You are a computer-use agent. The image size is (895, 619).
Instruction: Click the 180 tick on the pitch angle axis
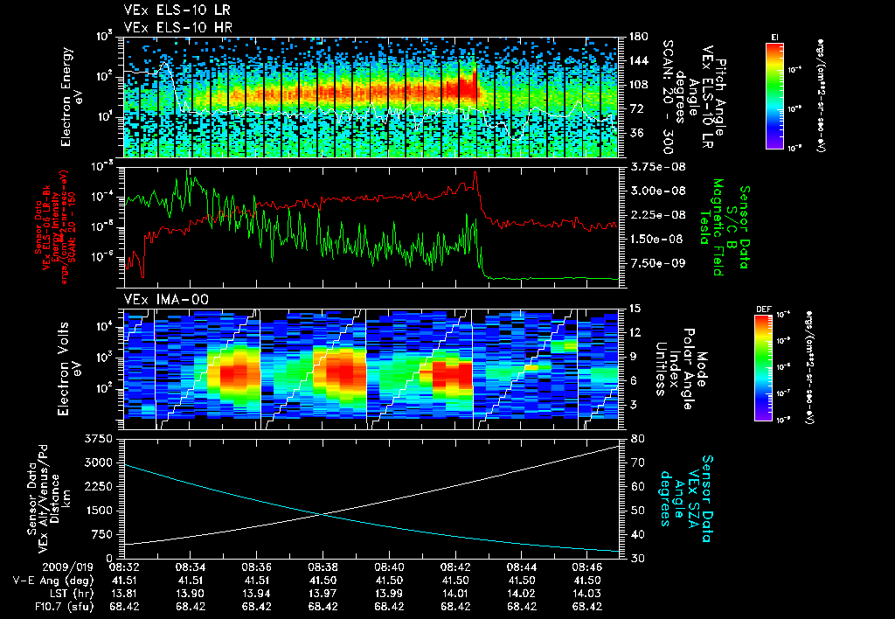[636, 37]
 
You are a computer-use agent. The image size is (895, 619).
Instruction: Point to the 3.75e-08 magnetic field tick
[654, 166]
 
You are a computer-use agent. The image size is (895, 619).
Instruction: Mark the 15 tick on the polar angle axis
[635, 308]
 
